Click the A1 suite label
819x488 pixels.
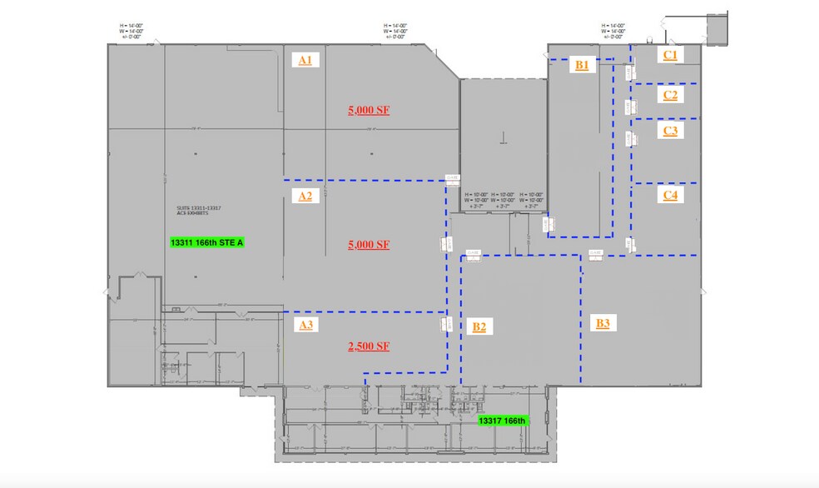coord(305,59)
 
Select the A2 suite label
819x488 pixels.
coord(305,197)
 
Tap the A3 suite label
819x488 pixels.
coord(305,325)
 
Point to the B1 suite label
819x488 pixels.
coord(582,65)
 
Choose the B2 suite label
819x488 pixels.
coord(479,326)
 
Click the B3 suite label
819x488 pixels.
coord(603,322)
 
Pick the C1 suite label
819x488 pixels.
coord(670,55)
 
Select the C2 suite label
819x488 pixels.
coord(670,95)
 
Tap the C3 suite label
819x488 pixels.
coord(670,131)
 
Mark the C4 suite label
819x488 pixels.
coord(670,195)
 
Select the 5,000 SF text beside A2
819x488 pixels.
coord(369,245)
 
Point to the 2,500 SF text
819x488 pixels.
coord(369,346)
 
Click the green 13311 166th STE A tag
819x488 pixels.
coord(210,243)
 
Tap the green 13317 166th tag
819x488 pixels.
coord(502,421)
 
